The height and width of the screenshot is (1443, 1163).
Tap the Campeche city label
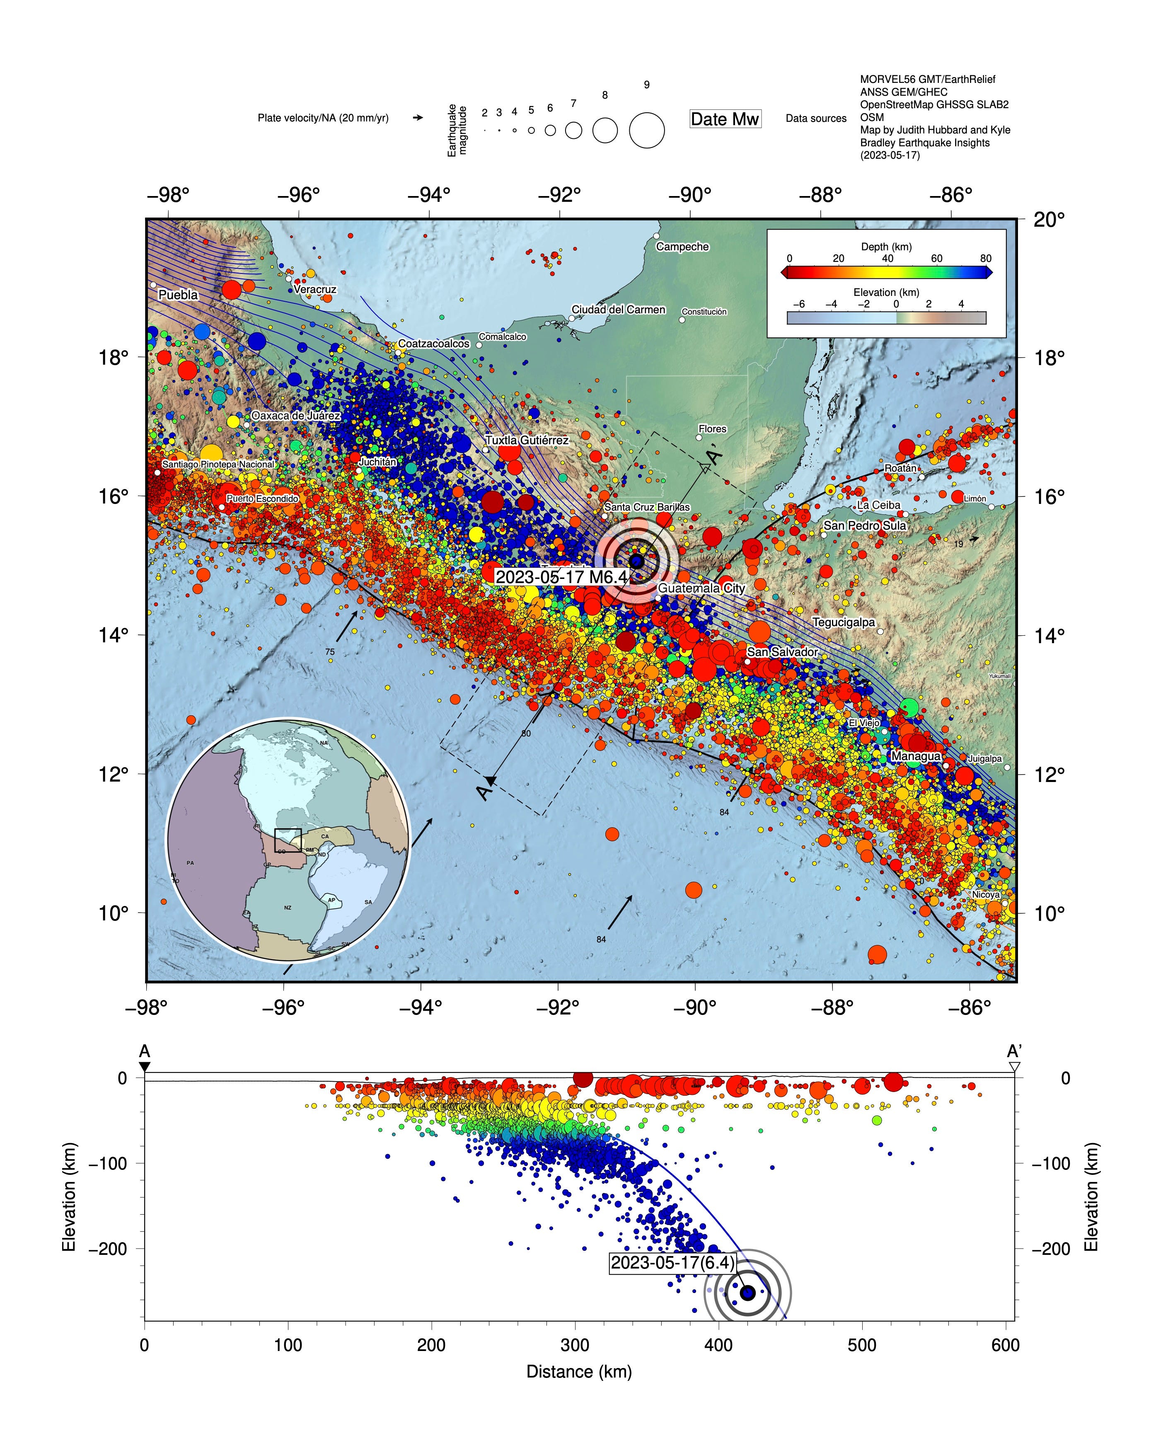click(682, 247)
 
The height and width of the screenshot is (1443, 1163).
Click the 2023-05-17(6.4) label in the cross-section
click(672, 1263)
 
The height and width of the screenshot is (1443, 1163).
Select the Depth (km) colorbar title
click(886, 247)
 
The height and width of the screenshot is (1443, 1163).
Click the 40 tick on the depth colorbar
click(887, 259)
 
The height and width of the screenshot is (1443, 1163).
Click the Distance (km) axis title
click(579, 1371)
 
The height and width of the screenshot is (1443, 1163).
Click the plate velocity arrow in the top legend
click(417, 118)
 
